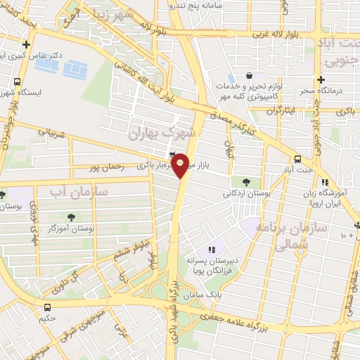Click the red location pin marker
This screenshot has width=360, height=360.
pos(181,164)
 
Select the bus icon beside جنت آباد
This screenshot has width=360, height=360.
pos(299,159)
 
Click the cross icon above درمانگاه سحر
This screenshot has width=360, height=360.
pos(321,80)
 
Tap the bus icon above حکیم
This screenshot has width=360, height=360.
pos(46,307)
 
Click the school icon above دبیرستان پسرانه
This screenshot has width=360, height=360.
pos(212,250)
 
